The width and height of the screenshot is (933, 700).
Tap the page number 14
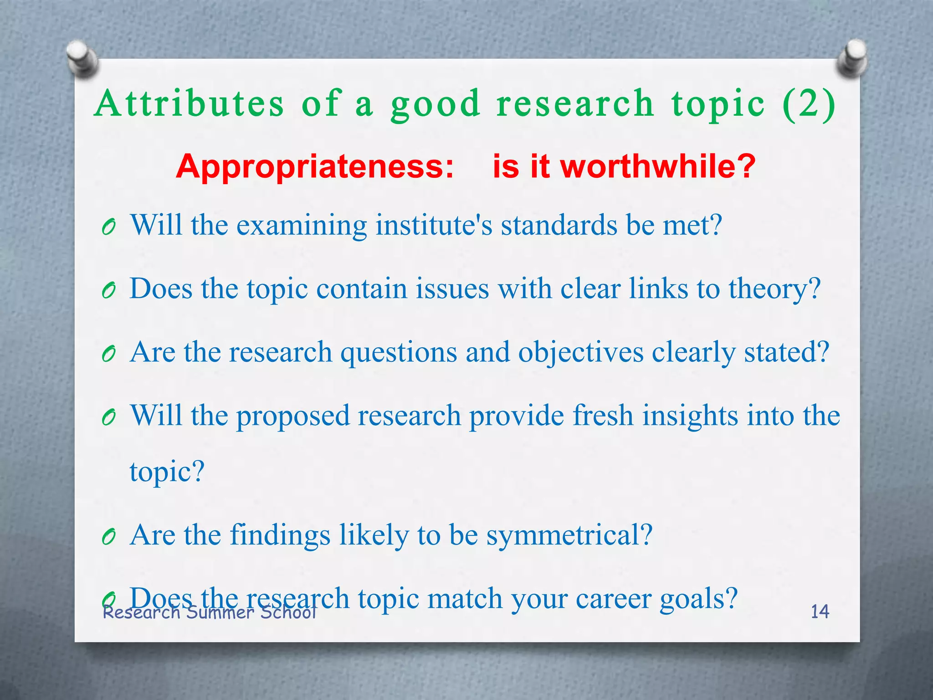pos(820,612)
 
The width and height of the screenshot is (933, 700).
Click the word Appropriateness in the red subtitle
pos(315,167)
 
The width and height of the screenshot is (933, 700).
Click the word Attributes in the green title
pos(189,103)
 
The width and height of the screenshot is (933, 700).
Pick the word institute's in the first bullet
pos(434,225)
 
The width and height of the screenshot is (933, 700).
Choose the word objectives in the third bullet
pos(581,353)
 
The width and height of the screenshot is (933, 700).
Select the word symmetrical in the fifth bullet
pos(569,535)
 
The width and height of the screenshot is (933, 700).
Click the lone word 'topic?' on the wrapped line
pos(167,471)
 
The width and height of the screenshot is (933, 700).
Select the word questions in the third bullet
pos(399,353)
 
